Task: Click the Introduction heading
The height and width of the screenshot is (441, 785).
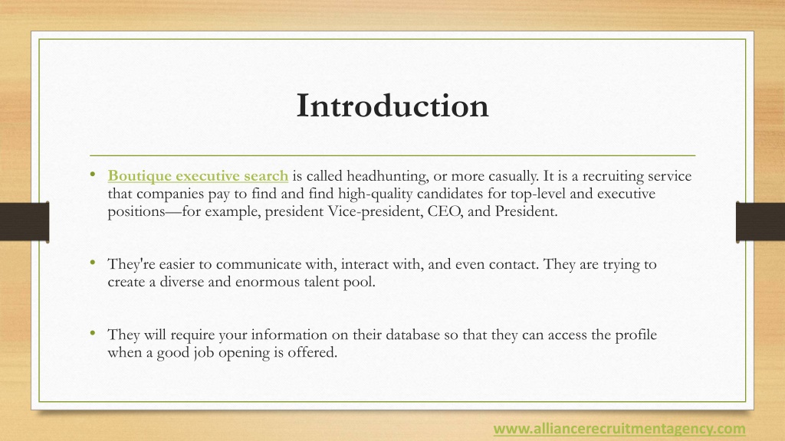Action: (392, 106)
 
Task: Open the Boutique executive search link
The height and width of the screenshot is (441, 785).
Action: (198, 177)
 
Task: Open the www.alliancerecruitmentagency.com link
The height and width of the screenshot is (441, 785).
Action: (619, 428)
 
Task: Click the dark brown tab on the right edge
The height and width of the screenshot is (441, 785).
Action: (760, 222)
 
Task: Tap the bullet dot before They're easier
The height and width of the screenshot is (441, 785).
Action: (92, 264)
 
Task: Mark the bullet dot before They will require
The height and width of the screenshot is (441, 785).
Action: (92, 335)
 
